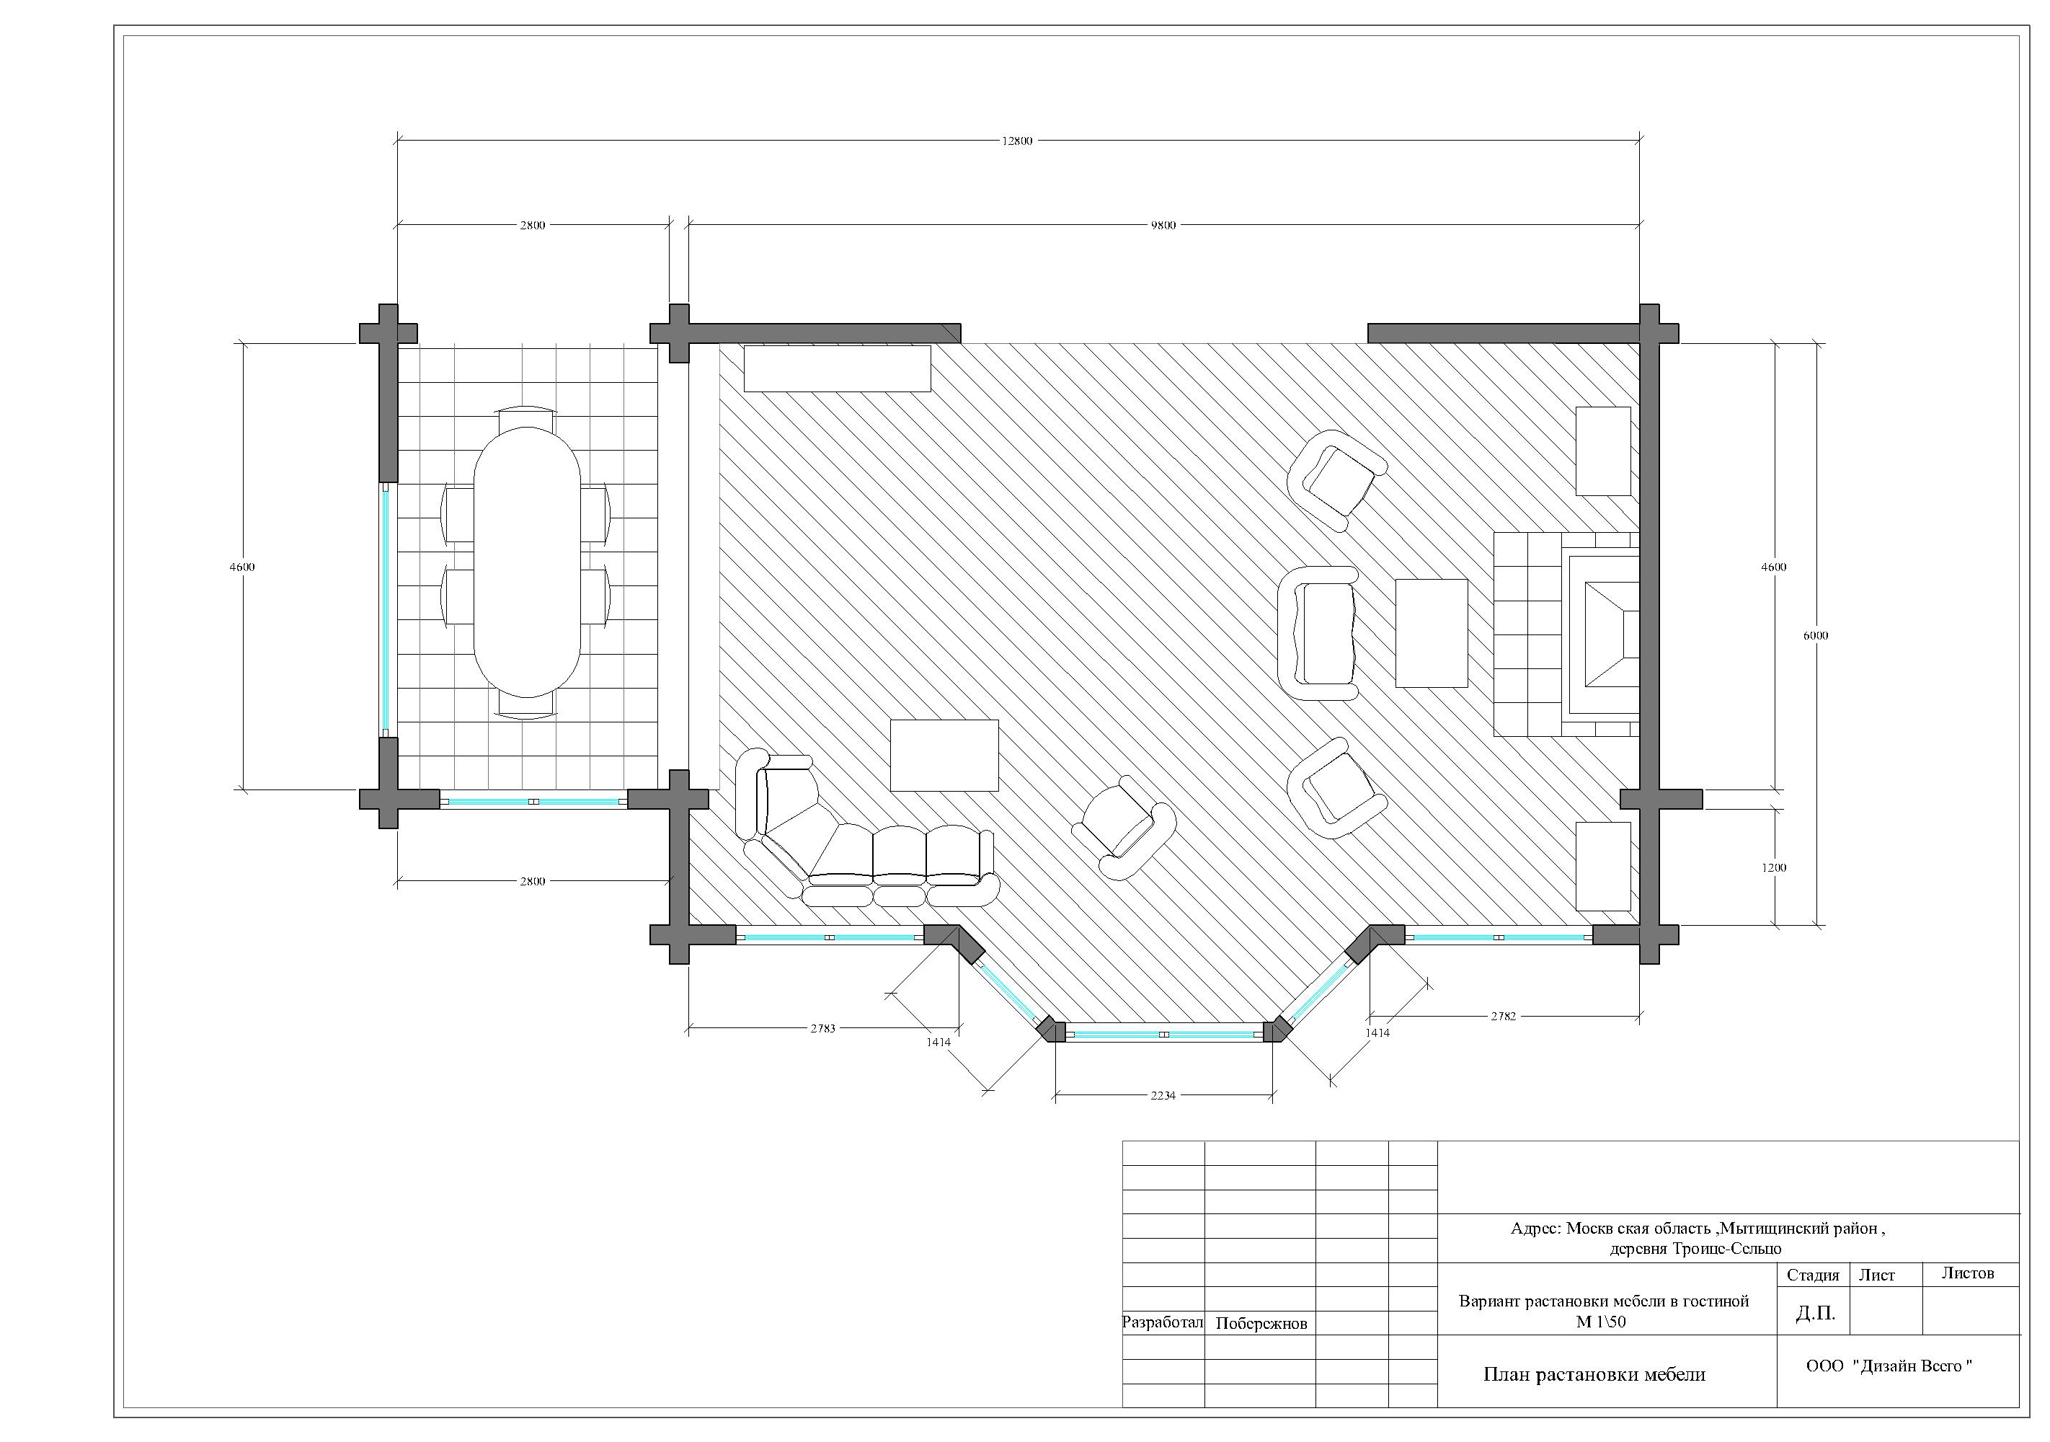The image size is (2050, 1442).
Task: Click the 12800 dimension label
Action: tap(1017, 141)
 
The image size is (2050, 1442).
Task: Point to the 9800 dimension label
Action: tap(1163, 225)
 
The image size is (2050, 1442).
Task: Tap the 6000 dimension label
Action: tap(1815, 636)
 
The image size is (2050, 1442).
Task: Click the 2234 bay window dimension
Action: tap(1163, 1096)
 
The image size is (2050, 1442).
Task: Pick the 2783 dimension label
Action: tap(822, 1029)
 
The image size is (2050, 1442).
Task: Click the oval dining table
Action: tap(528, 562)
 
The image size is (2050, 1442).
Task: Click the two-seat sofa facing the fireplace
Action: tap(1318, 634)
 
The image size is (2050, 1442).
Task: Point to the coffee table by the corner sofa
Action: tap(944, 756)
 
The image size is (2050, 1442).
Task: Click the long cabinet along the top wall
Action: tap(838, 368)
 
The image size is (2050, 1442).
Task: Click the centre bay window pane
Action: tap(1163, 1034)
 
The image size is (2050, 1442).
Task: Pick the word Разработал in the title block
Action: tap(1163, 1322)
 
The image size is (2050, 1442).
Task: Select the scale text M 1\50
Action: tap(1601, 1322)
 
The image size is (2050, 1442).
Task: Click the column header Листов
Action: tap(1968, 1273)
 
